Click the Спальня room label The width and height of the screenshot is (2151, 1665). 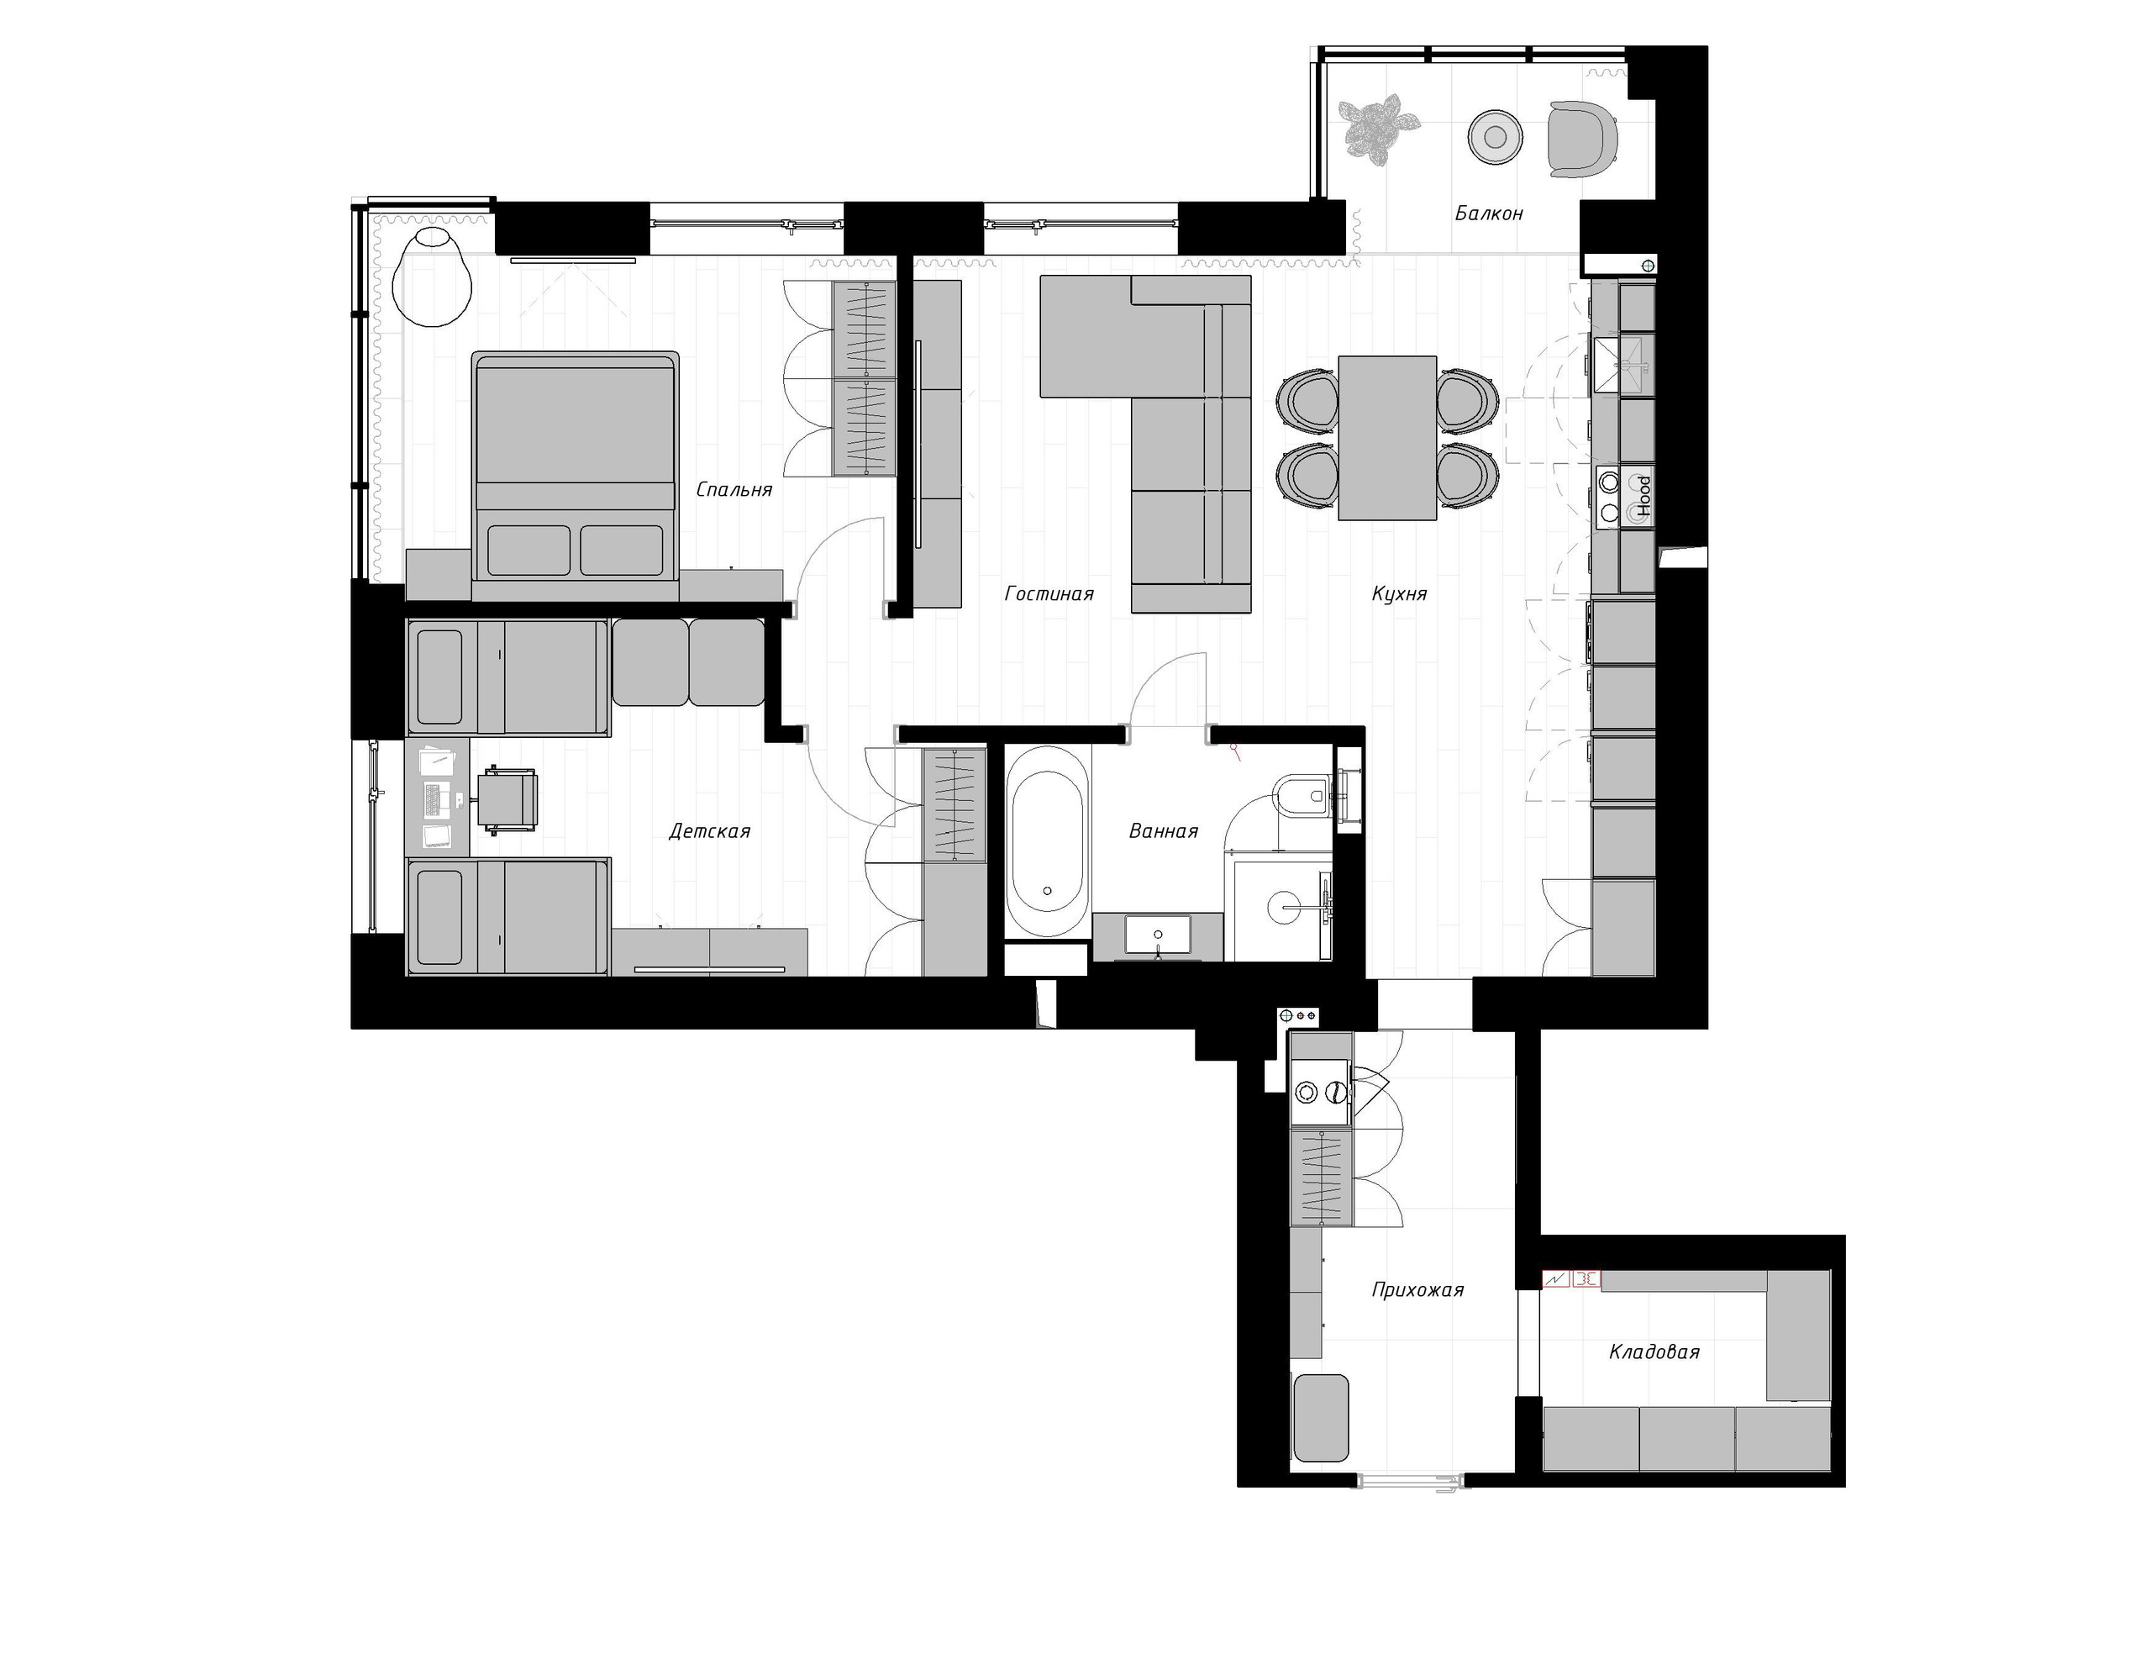pyautogui.click(x=734, y=490)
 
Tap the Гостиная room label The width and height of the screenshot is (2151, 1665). pyautogui.click(x=1049, y=593)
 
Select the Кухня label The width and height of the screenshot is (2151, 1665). pyautogui.click(x=1398, y=593)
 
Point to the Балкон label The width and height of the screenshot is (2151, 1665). pyautogui.click(x=1488, y=213)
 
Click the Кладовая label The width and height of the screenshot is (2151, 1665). pyautogui.click(x=1654, y=1351)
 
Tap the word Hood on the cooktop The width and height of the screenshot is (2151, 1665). pyautogui.click(x=1643, y=497)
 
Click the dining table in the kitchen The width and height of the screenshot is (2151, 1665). pyautogui.click(x=1386, y=437)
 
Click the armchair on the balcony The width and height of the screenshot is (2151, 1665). pyautogui.click(x=1580, y=139)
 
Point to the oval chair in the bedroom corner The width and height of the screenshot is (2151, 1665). pyautogui.click(x=431, y=276)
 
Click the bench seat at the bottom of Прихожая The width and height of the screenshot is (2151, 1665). pyautogui.click(x=1320, y=1419)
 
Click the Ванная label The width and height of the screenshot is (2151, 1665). pyautogui.click(x=1162, y=831)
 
